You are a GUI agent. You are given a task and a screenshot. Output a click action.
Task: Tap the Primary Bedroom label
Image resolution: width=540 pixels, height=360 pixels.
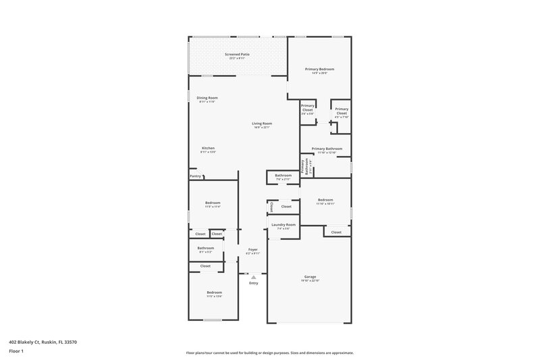(319, 69)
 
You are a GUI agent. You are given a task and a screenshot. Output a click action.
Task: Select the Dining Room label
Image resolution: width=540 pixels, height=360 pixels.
(207, 97)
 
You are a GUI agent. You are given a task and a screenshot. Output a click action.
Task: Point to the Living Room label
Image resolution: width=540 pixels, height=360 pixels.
(262, 123)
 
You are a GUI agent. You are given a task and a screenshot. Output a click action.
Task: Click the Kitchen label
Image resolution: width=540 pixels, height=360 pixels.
(208, 148)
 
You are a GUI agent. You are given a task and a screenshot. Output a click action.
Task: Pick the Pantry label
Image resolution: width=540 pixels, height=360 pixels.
(195, 176)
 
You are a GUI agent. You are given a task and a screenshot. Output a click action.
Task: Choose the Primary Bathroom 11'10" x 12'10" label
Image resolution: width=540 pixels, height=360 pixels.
(327, 149)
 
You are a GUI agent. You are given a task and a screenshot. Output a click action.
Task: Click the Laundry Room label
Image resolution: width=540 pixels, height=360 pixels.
(283, 224)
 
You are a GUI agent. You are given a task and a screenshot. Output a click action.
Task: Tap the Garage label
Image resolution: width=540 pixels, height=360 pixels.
(310, 276)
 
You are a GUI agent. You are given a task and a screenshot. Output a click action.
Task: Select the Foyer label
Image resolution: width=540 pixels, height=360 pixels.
(252, 249)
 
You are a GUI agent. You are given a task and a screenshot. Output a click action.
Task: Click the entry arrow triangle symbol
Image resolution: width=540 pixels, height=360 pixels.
(253, 276)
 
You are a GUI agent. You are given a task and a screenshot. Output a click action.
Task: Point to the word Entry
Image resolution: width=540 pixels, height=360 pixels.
(253, 283)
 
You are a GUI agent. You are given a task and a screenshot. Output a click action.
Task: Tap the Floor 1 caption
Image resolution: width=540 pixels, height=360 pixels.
(16, 352)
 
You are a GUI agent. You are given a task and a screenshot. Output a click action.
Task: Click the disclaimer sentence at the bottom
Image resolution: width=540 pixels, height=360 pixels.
(269, 353)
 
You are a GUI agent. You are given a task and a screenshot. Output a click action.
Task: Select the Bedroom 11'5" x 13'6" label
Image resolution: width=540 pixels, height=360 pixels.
(213, 292)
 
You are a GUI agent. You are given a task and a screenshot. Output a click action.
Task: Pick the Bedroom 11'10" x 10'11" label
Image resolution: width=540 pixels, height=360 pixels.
(325, 199)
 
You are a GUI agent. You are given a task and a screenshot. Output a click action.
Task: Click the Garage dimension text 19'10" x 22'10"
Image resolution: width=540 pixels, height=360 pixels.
(310, 280)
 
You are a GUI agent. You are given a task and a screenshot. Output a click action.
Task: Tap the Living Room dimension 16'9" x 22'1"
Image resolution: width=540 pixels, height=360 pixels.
(262, 127)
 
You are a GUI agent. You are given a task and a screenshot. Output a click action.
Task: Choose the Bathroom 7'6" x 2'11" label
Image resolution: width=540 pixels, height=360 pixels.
(283, 176)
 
